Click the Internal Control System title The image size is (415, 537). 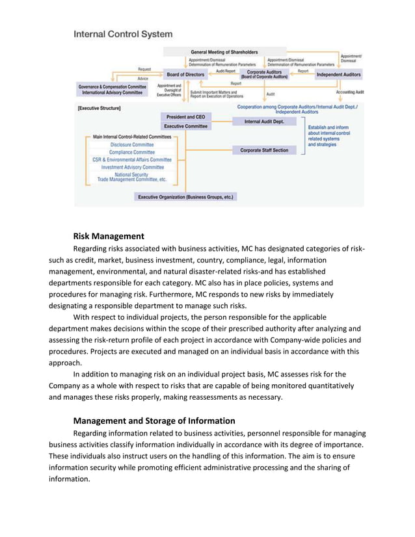pyautogui.click(x=123, y=33)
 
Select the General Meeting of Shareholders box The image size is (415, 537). pyautogui.click(x=224, y=52)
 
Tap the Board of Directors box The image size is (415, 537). pyautogui.click(x=185, y=75)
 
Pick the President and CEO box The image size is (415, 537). pyautogui.click(x=185, y=117)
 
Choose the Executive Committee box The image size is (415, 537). pyautogui.click(x=185, y=126)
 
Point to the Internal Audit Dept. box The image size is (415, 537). pyautogui.click(x=264, y=122)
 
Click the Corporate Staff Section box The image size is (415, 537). pyautogui.click(x=264, y=150)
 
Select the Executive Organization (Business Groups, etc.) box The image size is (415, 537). pyautogui.click(x=185, y=196)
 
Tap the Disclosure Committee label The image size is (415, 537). pyautogui.click(x=131, y=144)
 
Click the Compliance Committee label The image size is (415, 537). pyautogui.click(x=131, y=152)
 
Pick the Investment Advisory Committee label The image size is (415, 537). pyautogui.click(x=132, y=167)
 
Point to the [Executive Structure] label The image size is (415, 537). pyautogui.click(x=100, y=108)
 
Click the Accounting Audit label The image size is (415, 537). pyautogui.click(x=350, y=92)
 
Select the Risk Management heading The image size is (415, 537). pyautogui.click(x=109, y=236)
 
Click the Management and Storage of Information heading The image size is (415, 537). pyautogui.click(x=154, y=421)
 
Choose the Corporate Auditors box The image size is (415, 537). pyautogui.click(x=264, y=74)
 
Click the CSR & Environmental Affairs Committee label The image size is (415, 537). pyautogui.click(x=132, y=159)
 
